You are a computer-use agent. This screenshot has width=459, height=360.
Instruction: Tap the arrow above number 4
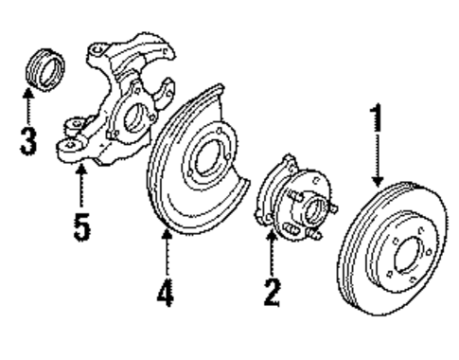(167, 251)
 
